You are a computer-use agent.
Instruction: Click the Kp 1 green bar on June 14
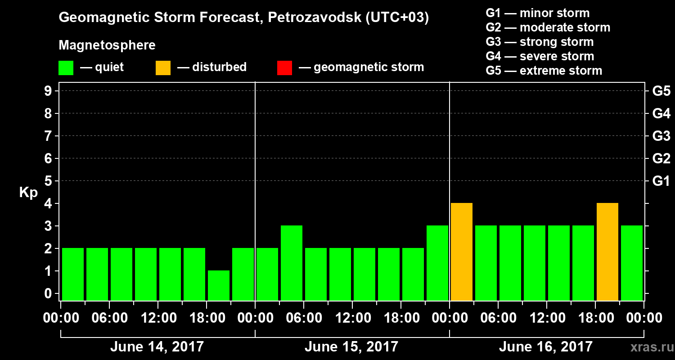(x=219, y=285)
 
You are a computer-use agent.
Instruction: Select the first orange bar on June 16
(x=462, y=252)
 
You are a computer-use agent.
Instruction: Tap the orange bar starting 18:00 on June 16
(x=607, y=252)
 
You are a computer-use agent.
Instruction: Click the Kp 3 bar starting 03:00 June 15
(x=292, y=263)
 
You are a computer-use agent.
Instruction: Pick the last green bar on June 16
(x=632, y=263)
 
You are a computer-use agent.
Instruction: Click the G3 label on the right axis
(x=661, y=136)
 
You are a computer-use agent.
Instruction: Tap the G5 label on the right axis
(x=661, y=91)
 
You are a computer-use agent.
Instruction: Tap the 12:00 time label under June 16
(x=546, y=318)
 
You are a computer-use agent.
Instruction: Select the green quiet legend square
(x=66, y=68)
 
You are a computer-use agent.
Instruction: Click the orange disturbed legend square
(x=163, y=68)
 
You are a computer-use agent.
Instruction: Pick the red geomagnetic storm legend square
(x=284, y=68)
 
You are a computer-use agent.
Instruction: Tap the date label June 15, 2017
(x=351, y=347)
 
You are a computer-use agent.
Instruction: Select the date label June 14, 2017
(x=157, y=347)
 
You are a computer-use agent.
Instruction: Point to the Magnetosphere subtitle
(x=107, y=45)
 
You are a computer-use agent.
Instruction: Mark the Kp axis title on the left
(x=28, y=193)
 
